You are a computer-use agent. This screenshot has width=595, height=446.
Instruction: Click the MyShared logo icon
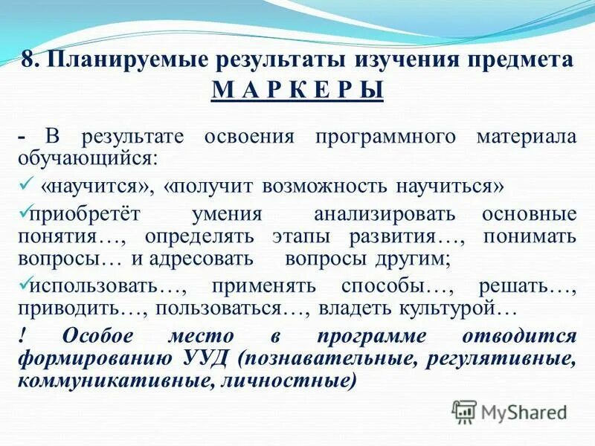[464, 411]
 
